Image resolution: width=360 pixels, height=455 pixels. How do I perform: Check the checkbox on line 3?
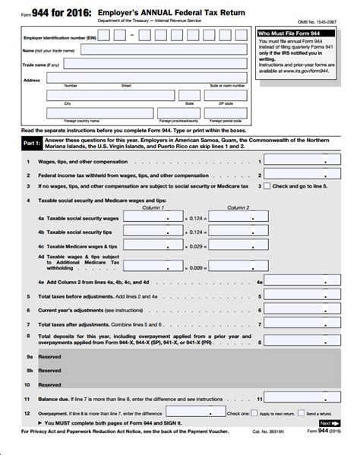pyautogui.click(x=267, y=185)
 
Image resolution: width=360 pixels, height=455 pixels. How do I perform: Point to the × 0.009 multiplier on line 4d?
pyautogui.click(x=195, y=267)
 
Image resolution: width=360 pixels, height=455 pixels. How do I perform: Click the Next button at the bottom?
pyautogui.click(x=327, y=423)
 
